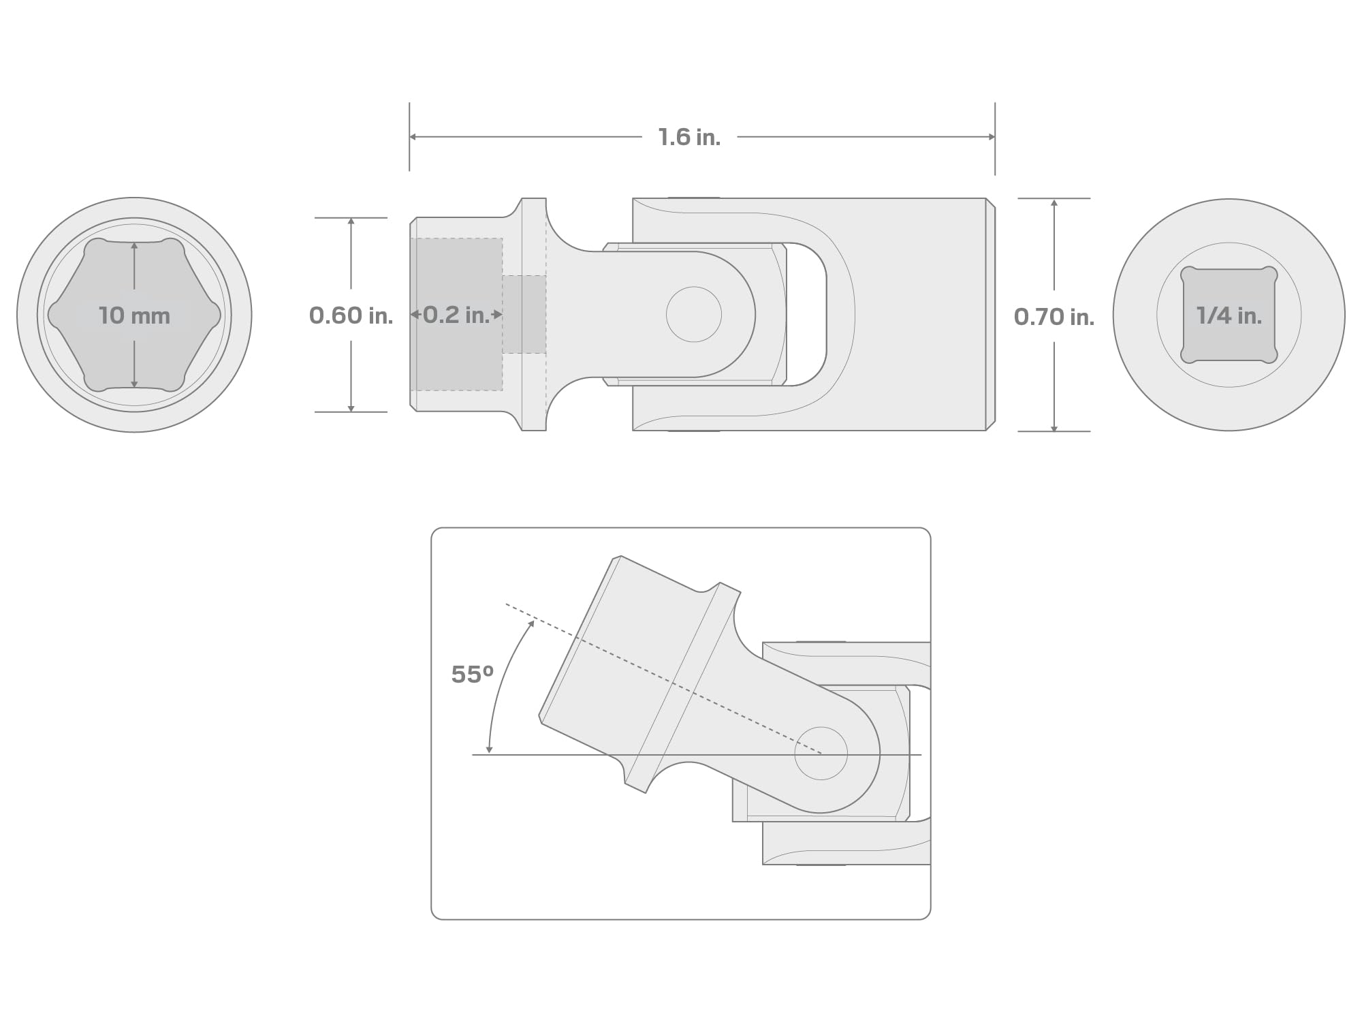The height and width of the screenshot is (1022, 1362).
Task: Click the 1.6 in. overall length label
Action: tap(688, 137)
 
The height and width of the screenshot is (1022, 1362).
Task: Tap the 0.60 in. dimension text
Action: tap(351, 315)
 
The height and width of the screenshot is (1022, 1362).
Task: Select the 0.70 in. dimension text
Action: tap(1054, 316)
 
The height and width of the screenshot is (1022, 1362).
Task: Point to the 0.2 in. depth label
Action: tap(456, 315)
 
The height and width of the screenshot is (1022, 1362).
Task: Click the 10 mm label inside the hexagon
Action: tap(134, 315)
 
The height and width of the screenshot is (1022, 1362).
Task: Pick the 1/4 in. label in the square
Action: tap(1229, 315)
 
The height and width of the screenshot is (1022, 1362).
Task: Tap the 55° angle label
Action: tap(472, 675)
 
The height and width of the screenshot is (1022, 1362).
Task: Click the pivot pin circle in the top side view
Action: tap(693, 314)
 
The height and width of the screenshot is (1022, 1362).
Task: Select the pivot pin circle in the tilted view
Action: tap(821, 753)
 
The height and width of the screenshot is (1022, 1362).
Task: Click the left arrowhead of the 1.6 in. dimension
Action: tap(413, 137)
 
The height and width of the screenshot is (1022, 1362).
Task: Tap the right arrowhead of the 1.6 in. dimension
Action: tap(992, 137)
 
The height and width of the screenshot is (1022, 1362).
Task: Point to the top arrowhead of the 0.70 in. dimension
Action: tap(1054, 203)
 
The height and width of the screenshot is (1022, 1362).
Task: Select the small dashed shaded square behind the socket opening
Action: tap(524, 314)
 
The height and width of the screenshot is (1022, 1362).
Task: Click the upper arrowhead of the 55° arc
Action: tap(531, 623)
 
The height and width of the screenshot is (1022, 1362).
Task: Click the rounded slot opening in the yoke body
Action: tap(807, 314)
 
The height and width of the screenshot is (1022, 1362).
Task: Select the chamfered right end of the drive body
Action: tap(990, 314)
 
